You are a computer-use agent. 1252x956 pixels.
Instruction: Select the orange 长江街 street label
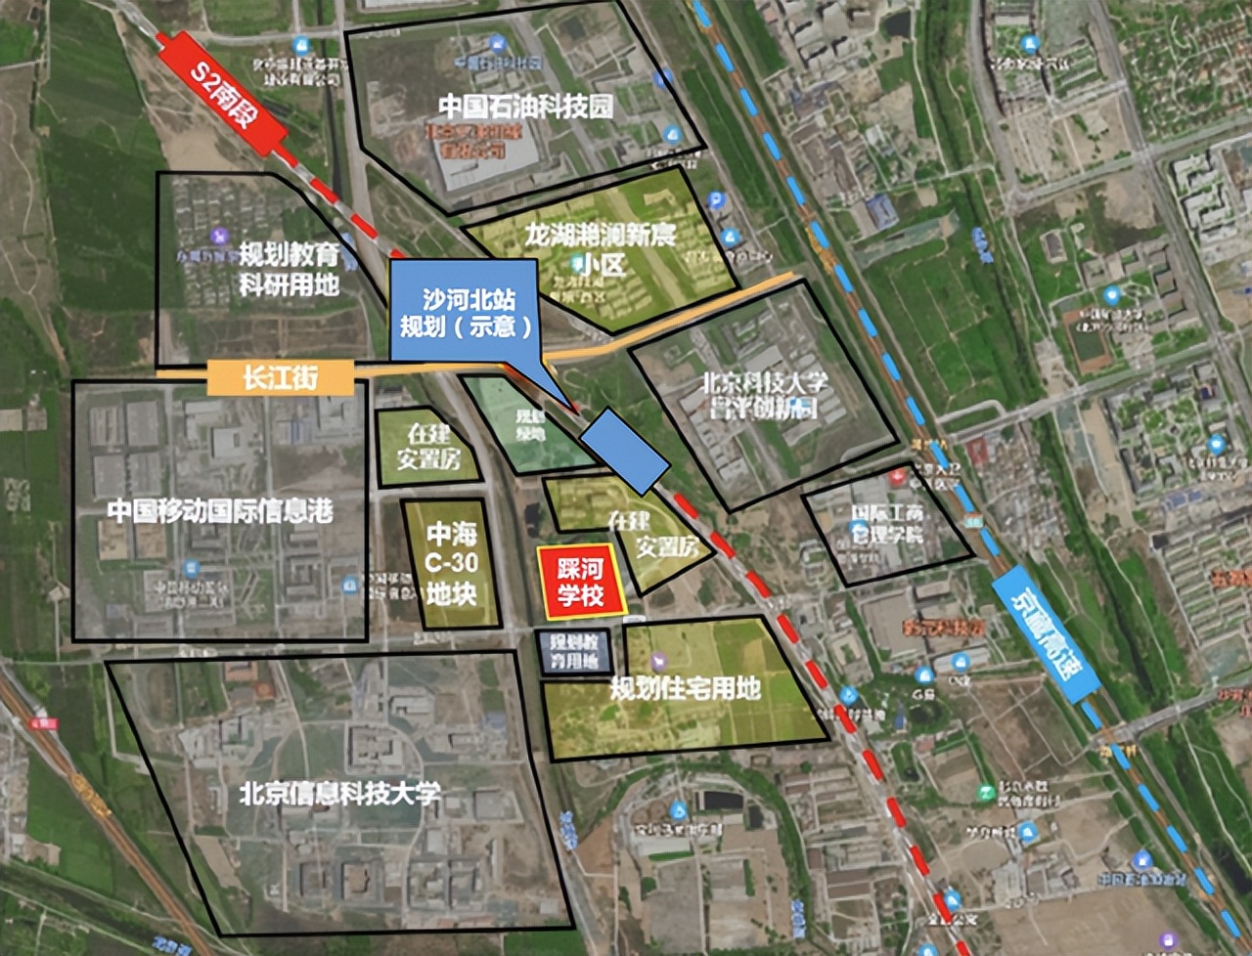(281, 377)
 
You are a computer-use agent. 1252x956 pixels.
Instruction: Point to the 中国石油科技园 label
(525, 106)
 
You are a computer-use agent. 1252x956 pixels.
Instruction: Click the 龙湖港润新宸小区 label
(600, 248)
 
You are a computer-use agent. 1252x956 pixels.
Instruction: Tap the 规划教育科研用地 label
(290, 270)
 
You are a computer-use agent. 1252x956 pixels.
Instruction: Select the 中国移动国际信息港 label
(220, 510)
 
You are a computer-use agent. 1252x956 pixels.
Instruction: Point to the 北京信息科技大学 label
(339, 793)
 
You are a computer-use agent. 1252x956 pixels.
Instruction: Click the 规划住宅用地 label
(685, 688)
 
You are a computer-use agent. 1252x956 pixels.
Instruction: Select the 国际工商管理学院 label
(887, 523)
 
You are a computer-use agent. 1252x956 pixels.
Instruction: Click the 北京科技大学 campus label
(764, 394)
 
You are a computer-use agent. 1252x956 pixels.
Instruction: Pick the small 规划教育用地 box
(574, 652)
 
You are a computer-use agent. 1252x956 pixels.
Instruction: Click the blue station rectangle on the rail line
(626, 451)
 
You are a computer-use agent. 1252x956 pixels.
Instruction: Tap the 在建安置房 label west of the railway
(428, 446)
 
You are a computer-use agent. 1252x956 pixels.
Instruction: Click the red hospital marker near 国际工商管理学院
(898, 477)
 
